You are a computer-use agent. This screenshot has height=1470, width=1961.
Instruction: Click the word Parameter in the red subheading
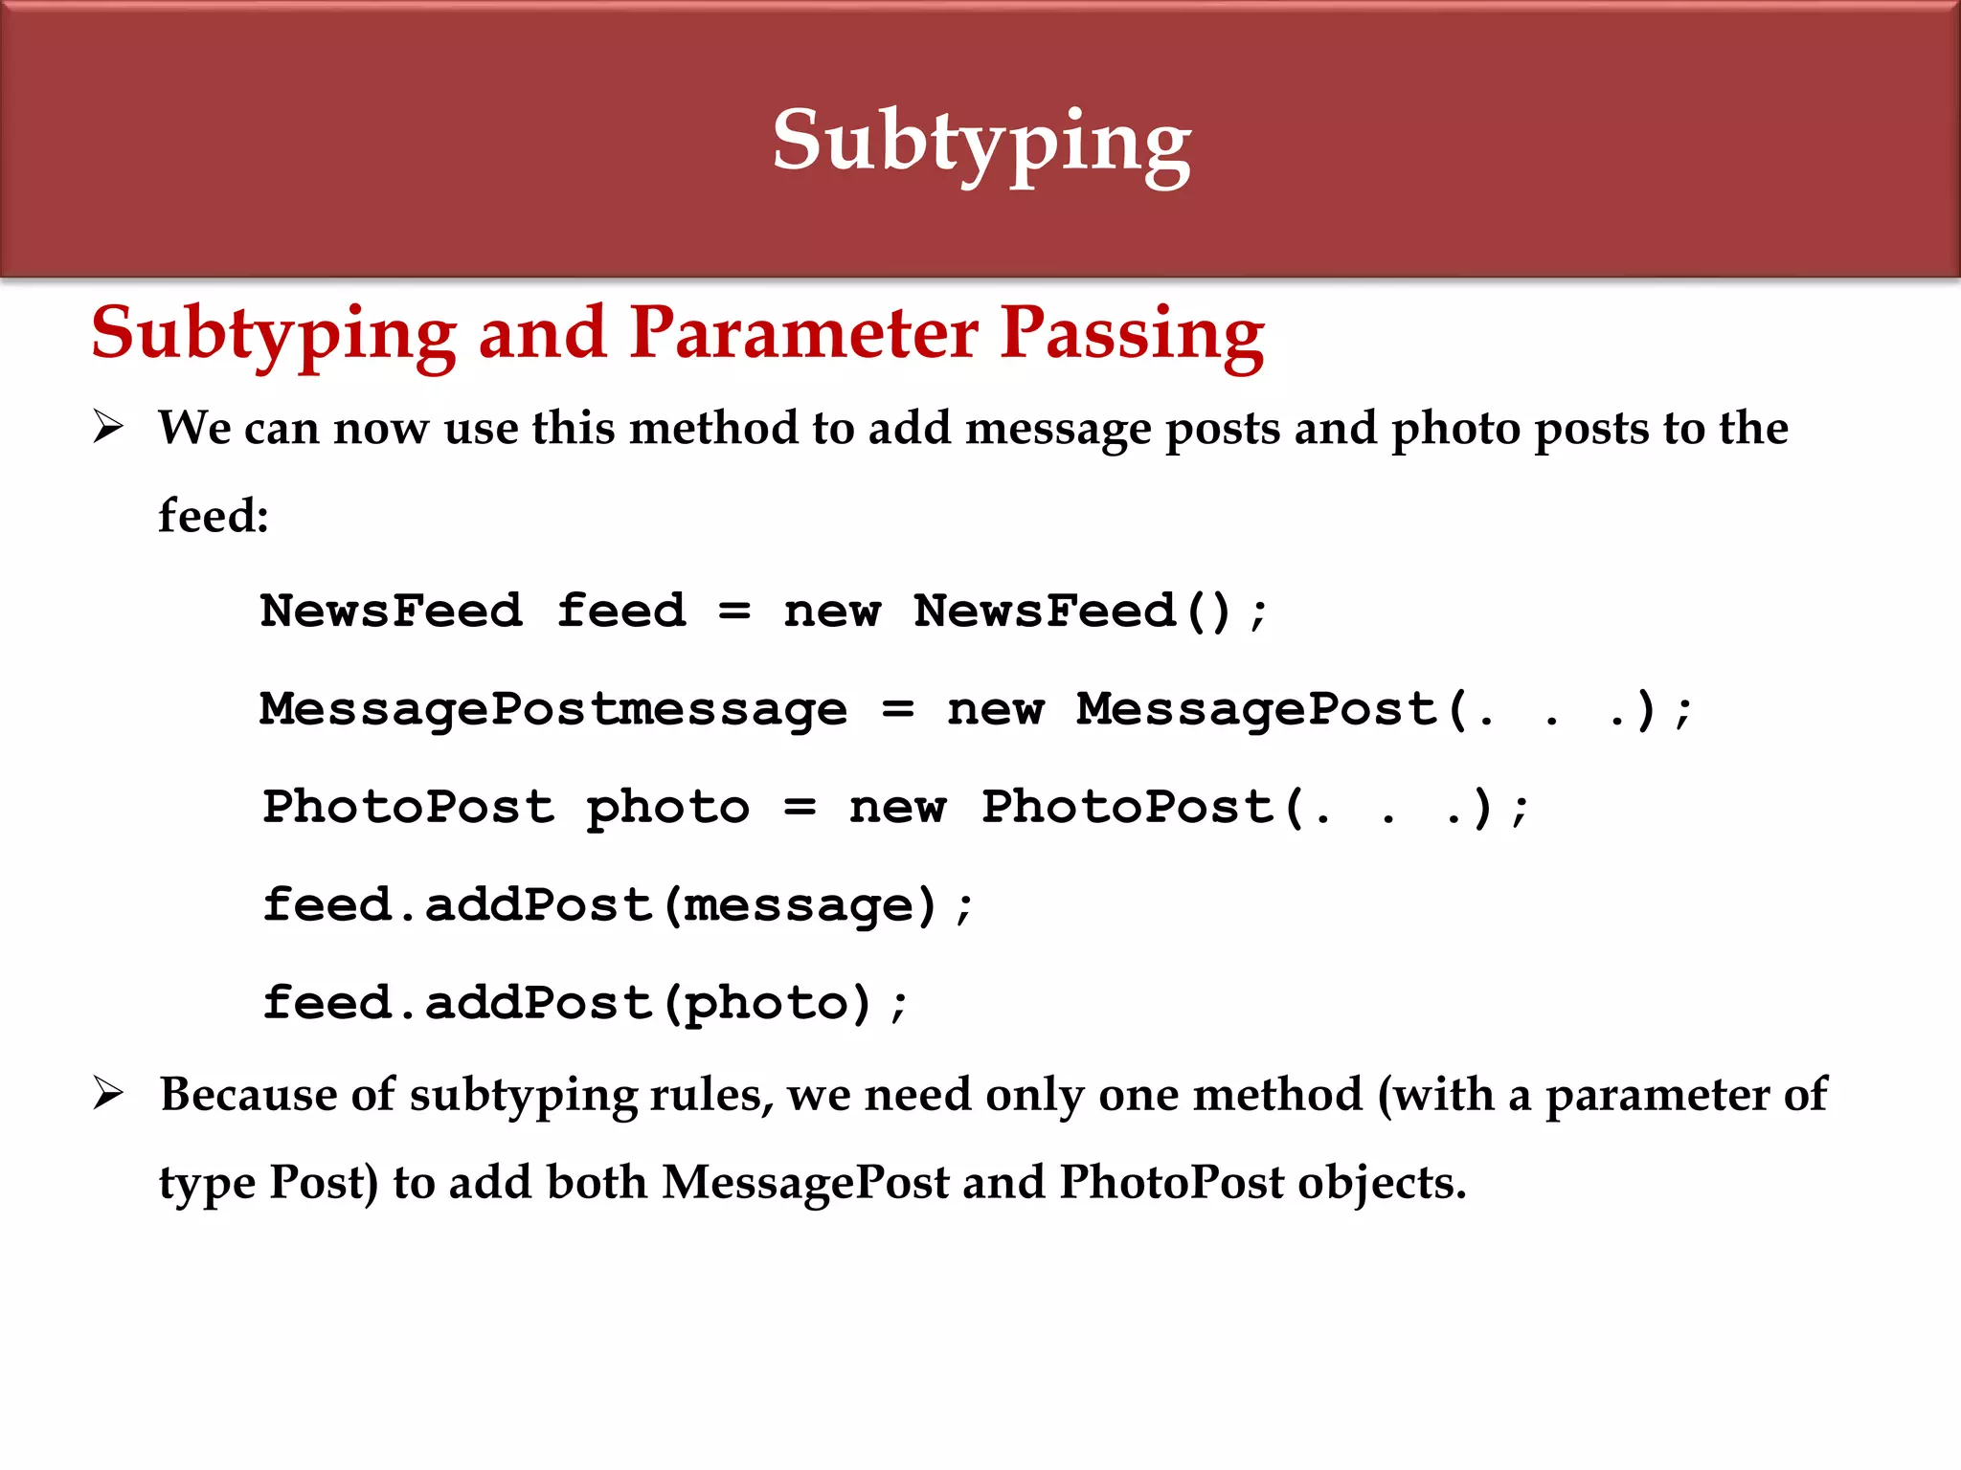[x=804, y=333]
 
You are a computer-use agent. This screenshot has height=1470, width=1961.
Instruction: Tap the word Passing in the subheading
[x=1132, y=333]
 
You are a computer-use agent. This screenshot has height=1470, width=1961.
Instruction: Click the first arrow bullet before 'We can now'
[x=108, y=427]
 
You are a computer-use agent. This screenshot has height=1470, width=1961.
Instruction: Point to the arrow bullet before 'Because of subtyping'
[x=108, y=1093]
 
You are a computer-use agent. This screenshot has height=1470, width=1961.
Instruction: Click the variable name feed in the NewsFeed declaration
[x=621, y=612]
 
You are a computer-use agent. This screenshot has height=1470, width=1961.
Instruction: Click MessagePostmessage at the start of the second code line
[x=553, y=710]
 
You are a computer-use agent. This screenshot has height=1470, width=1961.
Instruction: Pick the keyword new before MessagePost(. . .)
[x=995, y=710]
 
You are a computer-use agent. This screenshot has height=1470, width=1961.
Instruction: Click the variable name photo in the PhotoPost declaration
[x=667, y=808]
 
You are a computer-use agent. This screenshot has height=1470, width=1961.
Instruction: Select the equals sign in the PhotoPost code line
[x=800, y=808]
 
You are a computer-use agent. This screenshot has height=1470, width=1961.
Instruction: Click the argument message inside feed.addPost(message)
[x=799, y=905]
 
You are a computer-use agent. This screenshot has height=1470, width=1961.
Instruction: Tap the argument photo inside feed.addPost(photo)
[x=766, y=1004]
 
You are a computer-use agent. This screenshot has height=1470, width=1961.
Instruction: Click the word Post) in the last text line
[x=324, y=1182]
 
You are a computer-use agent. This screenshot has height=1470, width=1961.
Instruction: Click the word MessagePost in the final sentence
[x=805, y=1182]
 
